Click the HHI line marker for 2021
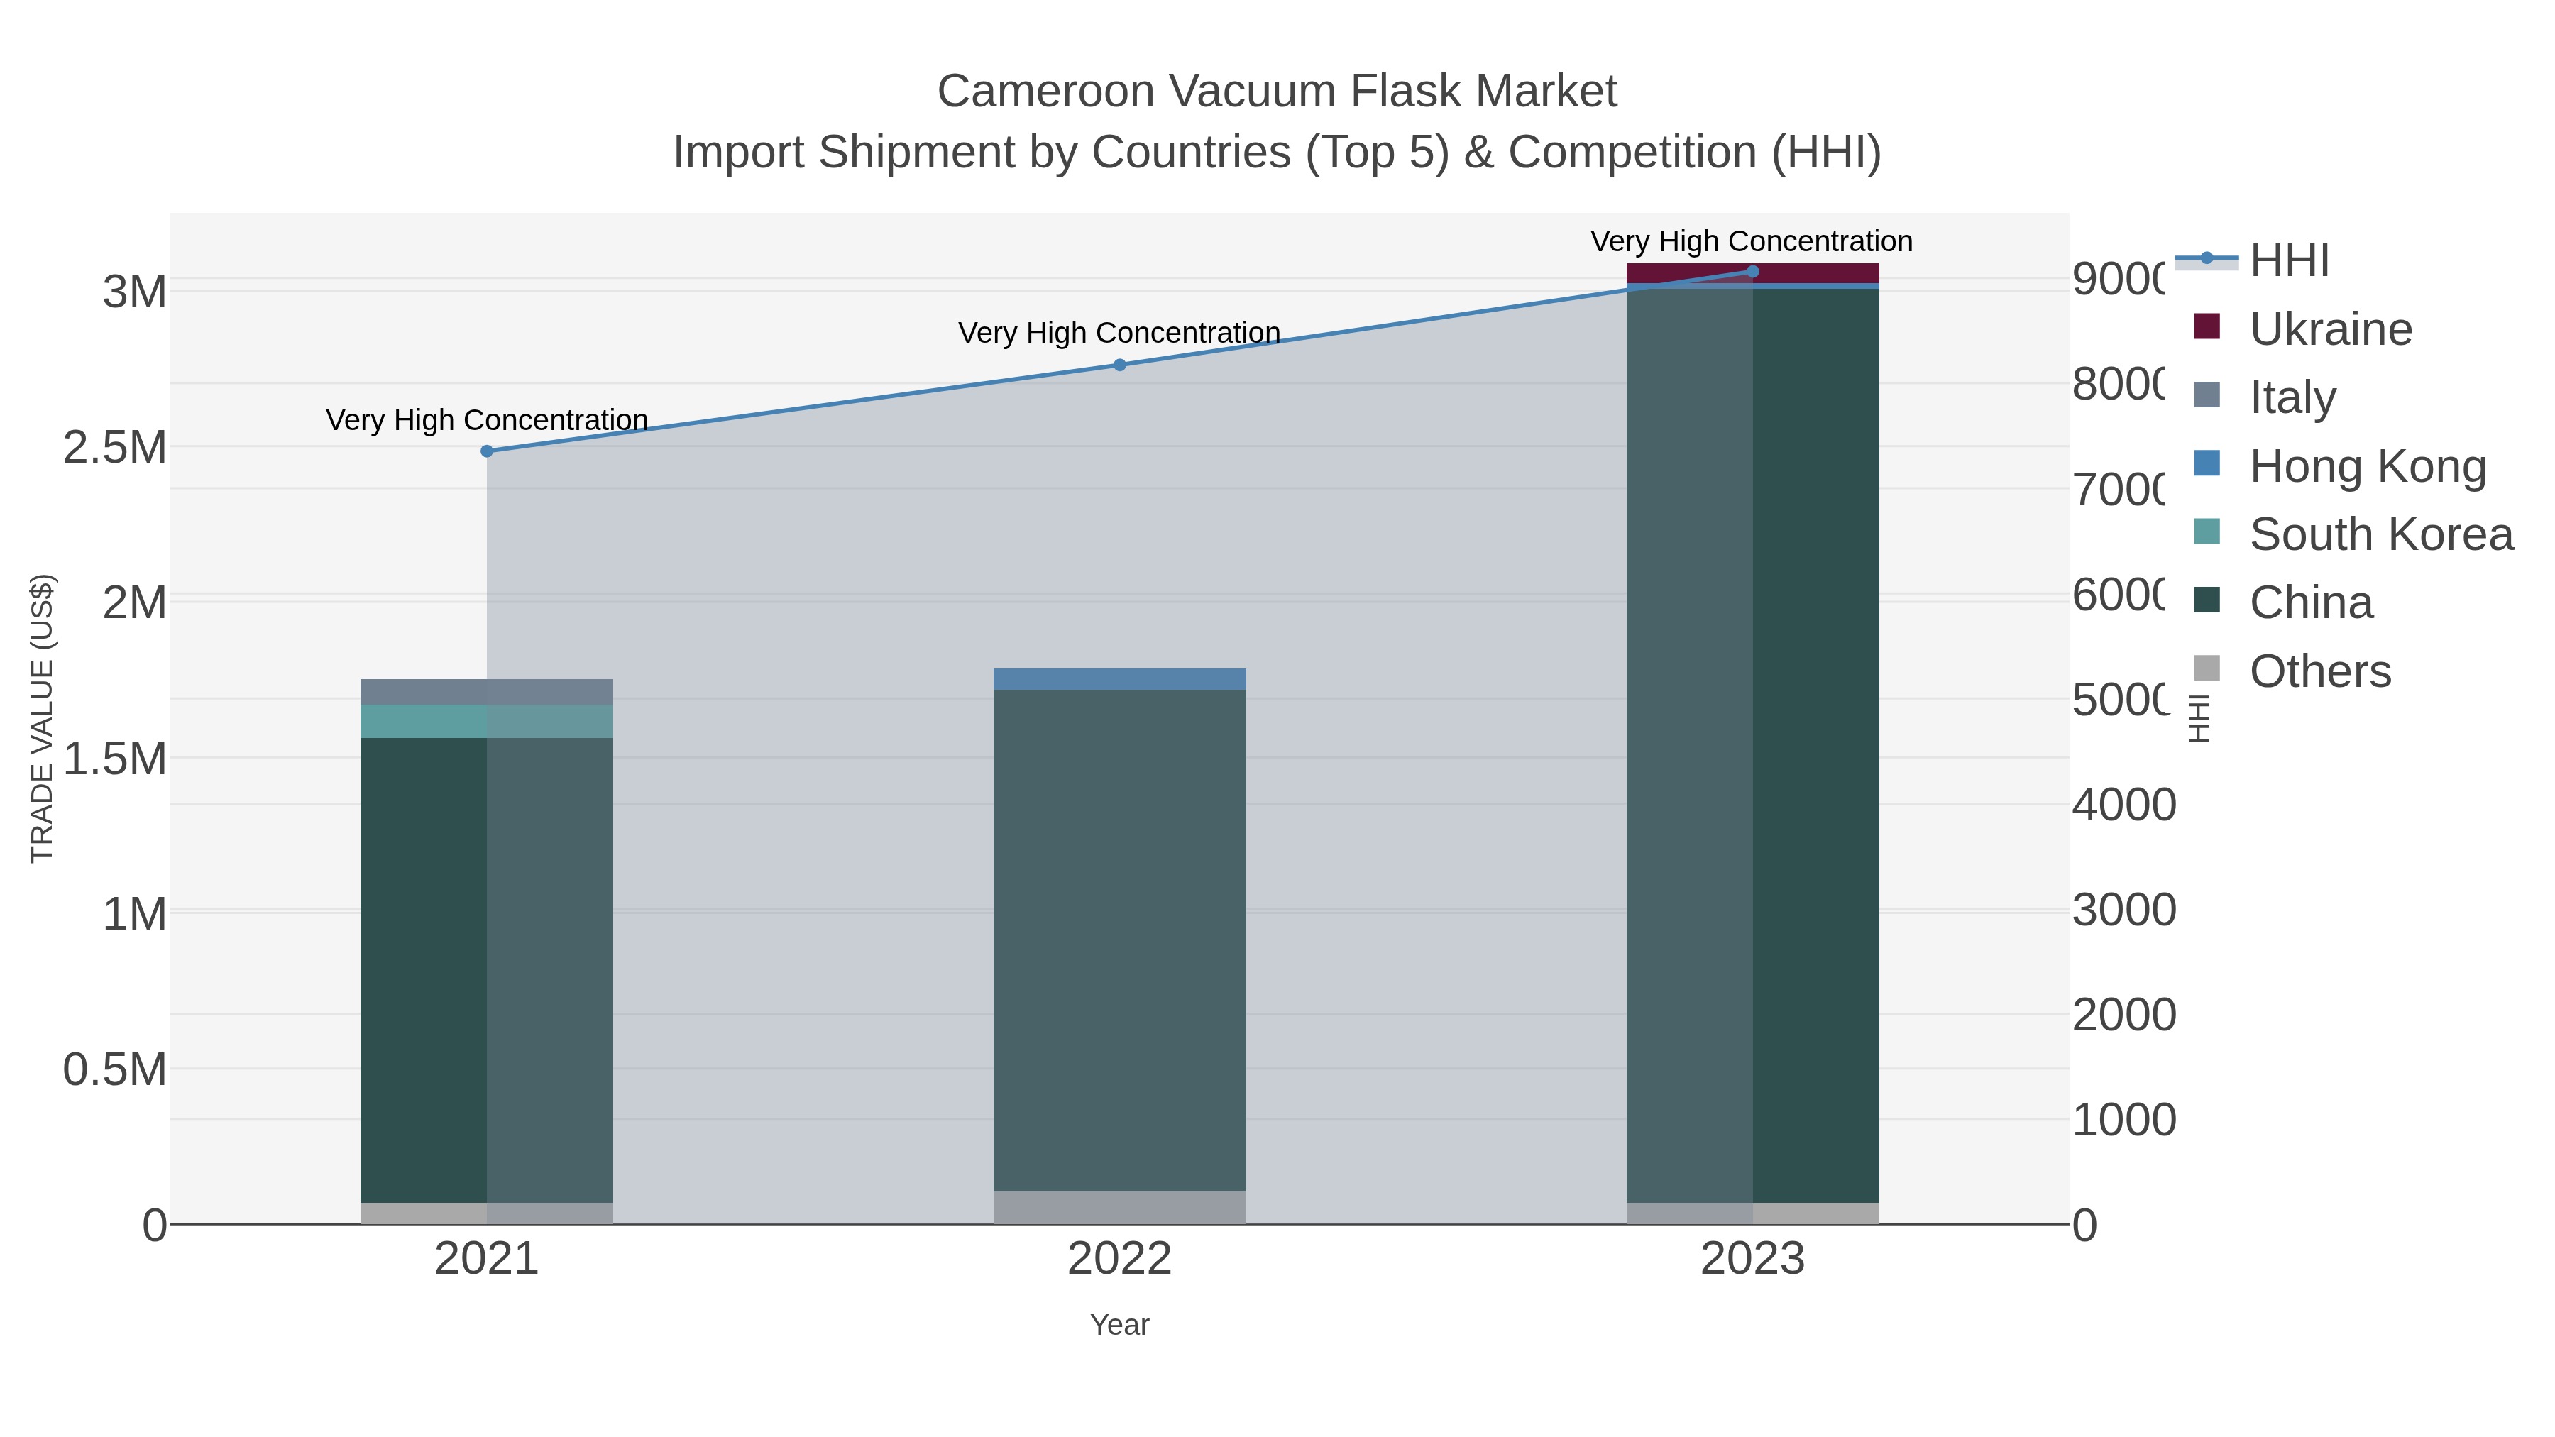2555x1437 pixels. click(x=486, y=451)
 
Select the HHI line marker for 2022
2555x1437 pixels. click(x=1120, y=365)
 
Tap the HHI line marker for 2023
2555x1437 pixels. click(x=1752, y=272)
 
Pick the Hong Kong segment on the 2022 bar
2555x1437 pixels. click(x=1120, y=679)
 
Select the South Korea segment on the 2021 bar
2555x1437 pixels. click(x=486, y=721)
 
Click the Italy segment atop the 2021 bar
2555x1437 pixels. click(x=486, y=691)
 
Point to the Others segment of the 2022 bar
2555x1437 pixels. click(x=1120, y=1207)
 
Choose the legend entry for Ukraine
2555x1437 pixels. click(x=2330, y=329)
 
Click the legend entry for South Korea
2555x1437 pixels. click(x=2380, y=534)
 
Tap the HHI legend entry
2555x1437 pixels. click(x=2289, y=261)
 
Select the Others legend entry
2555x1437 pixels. click(x=2319, y=671)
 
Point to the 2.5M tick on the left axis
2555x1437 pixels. click(x=114, y=447)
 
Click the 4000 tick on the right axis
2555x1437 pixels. click(x=2123, y=804)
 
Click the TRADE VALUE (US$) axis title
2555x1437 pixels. click(x=42, y=718)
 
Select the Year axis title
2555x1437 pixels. click(x=1120, y=1325)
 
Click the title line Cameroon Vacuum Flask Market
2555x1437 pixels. click(x=1277, y=92)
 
